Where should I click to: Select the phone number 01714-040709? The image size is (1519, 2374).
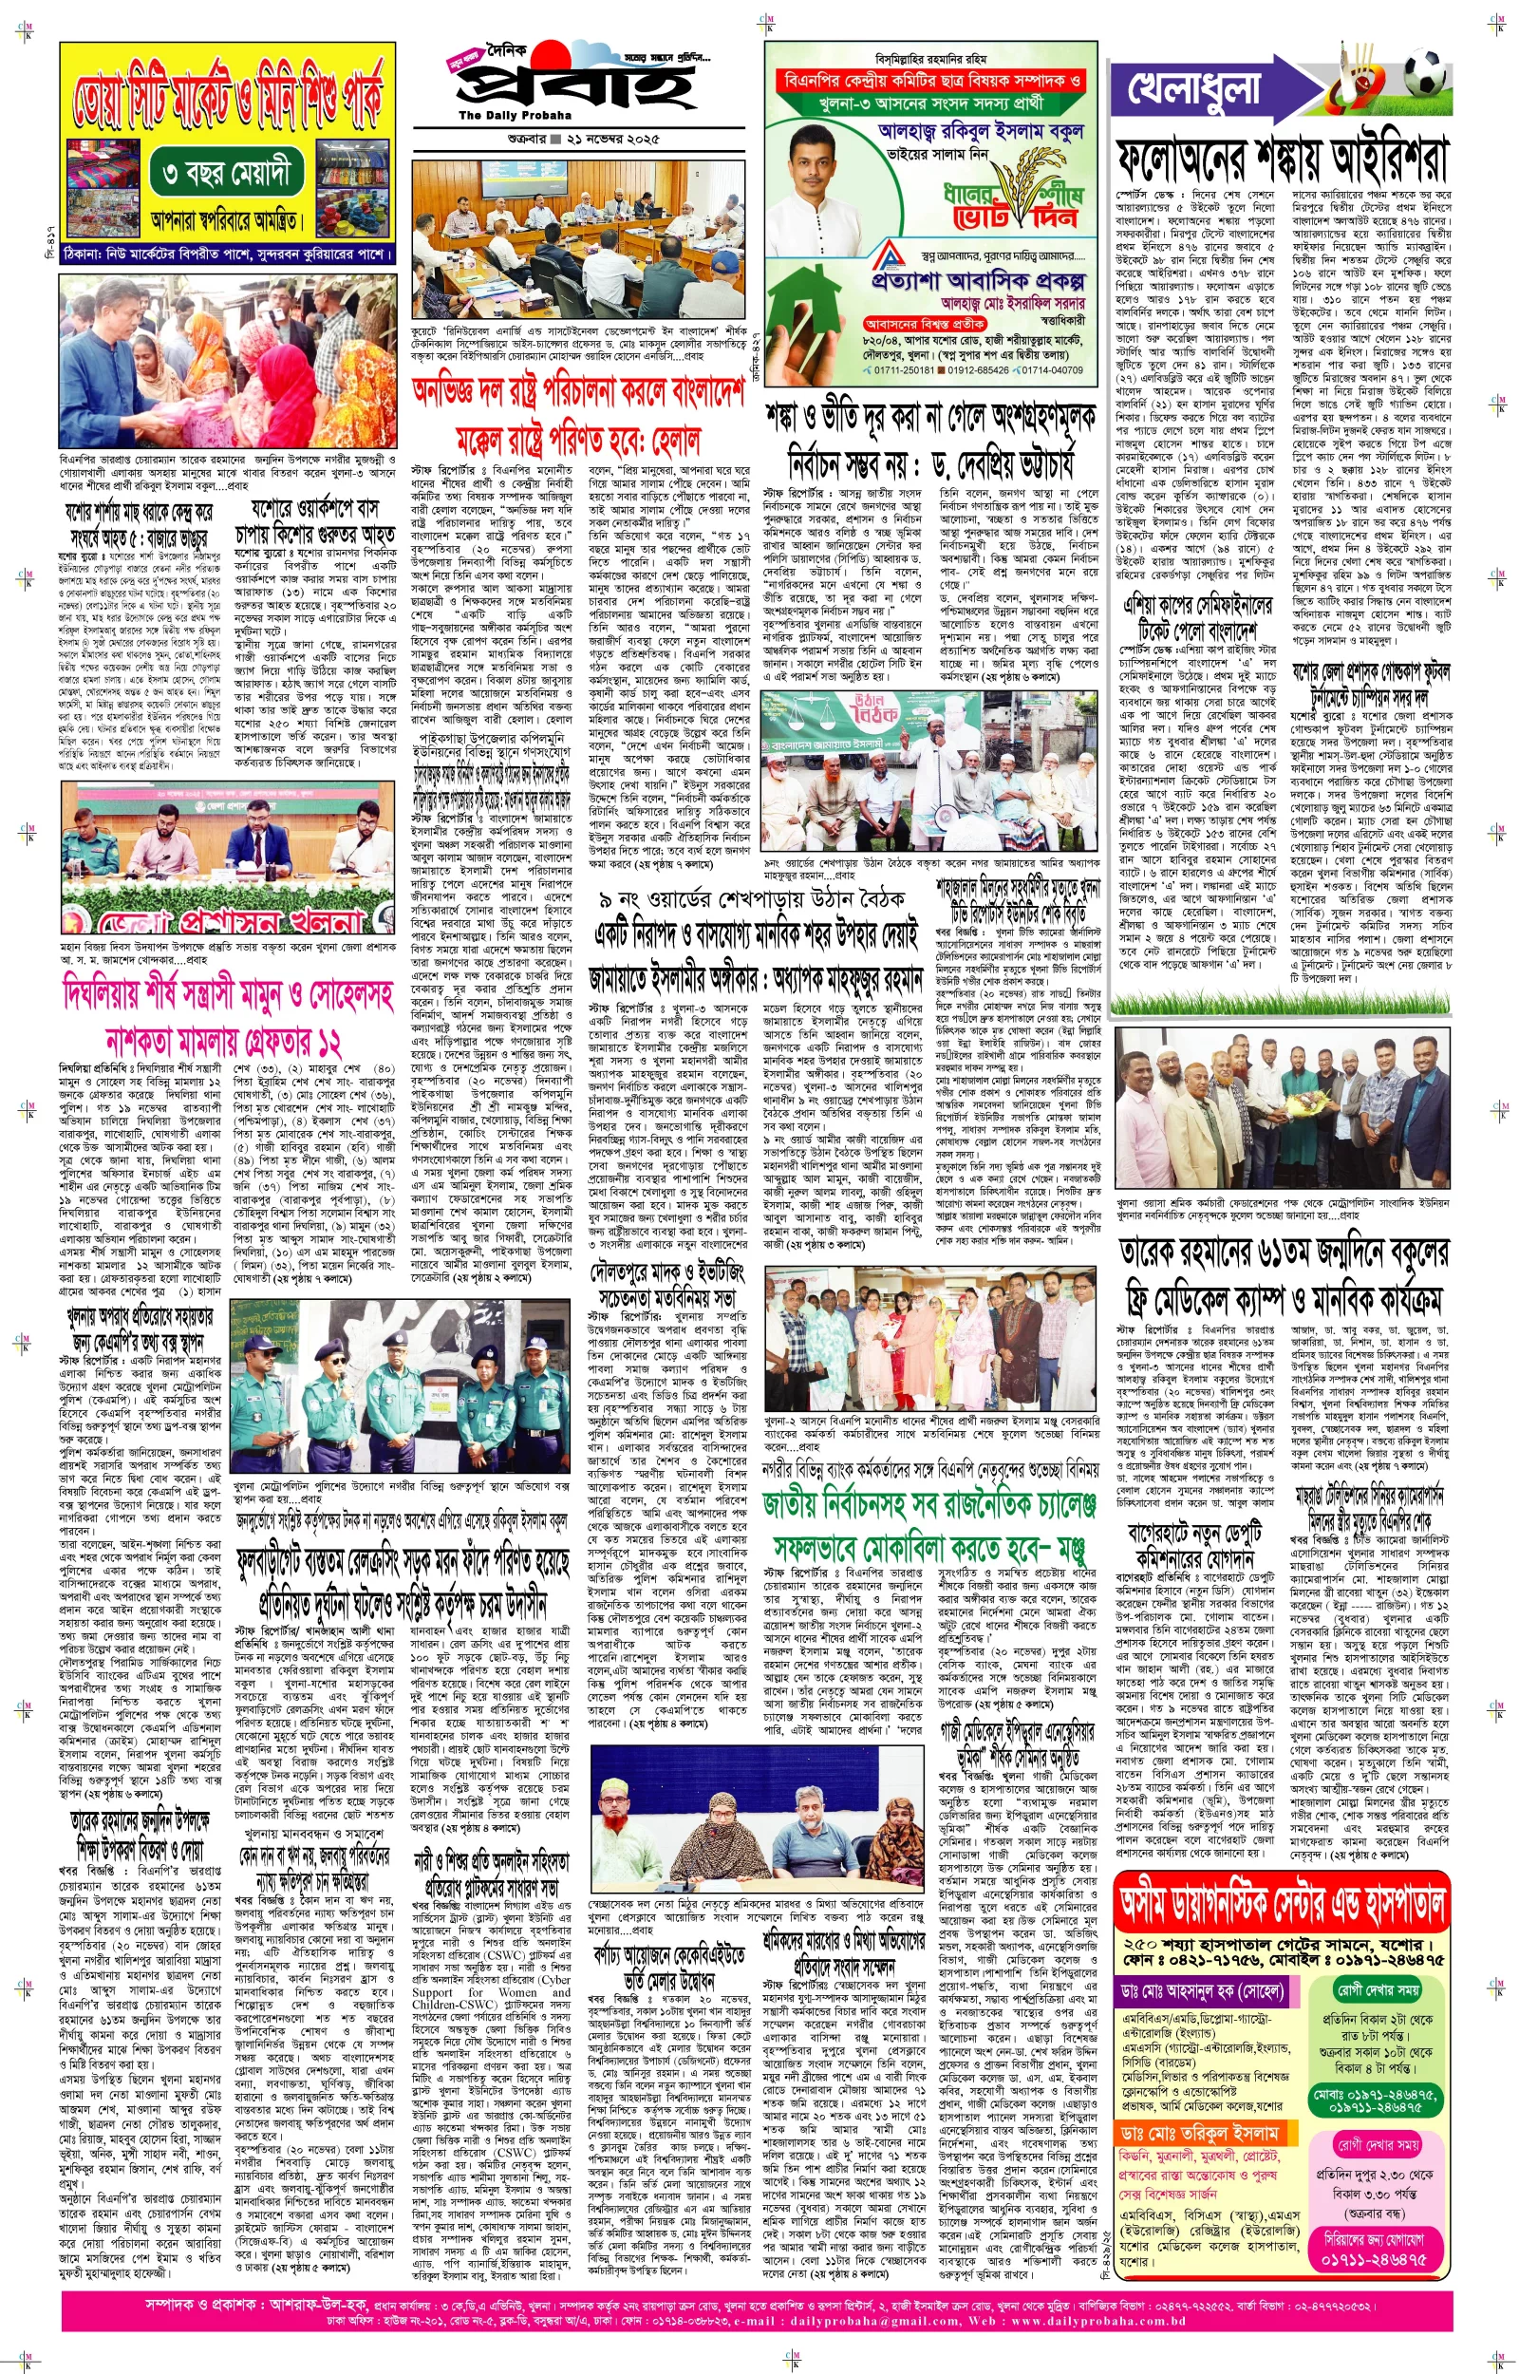(1049, 369)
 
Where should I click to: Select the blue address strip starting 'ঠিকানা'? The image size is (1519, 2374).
(228, 254)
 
